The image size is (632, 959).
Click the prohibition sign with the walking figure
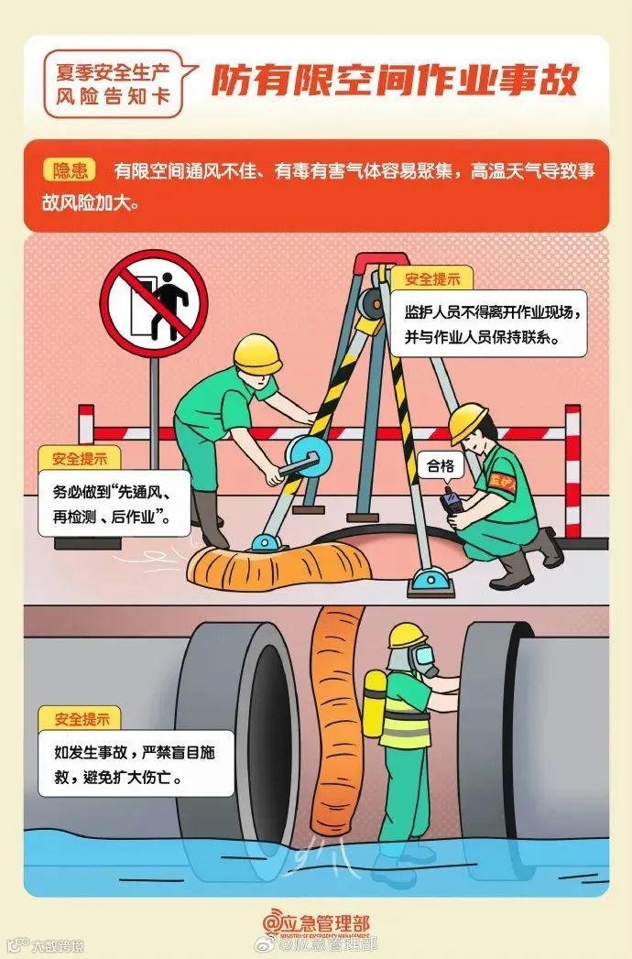154,303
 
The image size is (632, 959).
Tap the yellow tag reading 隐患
70,170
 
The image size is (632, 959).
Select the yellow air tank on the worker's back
375,704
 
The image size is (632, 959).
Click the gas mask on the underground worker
423,659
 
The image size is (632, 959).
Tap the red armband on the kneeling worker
502,482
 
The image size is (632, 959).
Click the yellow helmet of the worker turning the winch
257,354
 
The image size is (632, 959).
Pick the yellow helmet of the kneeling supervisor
468,420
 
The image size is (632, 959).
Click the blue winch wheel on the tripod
308,457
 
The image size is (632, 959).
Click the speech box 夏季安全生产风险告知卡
114,83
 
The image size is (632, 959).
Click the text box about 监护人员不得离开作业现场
487,324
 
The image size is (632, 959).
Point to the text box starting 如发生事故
136,764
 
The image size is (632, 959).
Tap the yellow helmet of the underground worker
407,636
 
